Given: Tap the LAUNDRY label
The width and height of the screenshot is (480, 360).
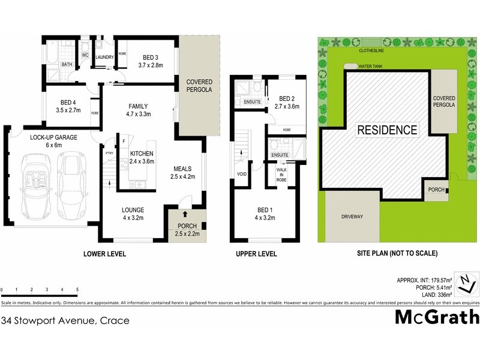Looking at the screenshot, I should click(x=104, y=57).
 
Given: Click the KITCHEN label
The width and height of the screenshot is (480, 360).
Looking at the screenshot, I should click(x=142, y=154).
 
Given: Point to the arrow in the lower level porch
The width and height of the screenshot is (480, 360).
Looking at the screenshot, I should click(x=185, y=213).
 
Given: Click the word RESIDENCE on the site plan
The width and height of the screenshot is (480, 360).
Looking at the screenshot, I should click(x=387, y=130).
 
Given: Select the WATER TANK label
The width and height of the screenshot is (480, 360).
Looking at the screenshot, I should click(x=372, y=66).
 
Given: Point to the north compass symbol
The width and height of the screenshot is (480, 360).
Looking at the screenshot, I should click(x=467, y=282).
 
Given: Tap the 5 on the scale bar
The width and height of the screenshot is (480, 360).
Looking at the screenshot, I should click(x=77, y=290).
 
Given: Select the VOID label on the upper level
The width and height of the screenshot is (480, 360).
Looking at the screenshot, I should click(x=242, y=175).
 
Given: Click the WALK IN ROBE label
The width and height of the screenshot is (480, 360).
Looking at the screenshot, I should click(x=281, y=175).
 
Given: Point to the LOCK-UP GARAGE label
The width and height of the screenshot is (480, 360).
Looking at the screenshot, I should click(x=54, y=137).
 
